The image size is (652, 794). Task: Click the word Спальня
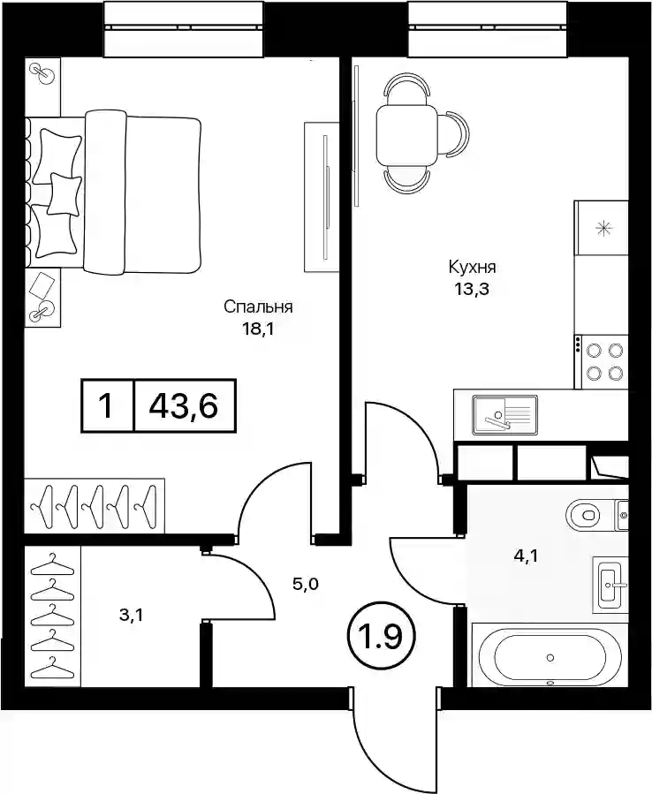258,306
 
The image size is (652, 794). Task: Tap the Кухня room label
472,267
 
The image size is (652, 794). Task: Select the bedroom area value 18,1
258,330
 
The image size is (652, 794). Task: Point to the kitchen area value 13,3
471,291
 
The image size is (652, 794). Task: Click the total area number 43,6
184,405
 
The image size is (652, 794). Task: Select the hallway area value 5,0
306,584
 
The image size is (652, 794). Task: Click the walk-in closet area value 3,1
130,616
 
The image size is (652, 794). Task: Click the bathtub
550,657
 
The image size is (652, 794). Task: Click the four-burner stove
602,361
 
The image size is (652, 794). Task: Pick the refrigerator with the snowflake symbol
602,228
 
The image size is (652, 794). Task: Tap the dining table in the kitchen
406,135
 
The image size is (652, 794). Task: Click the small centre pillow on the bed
64,193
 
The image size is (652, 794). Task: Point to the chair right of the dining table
452,135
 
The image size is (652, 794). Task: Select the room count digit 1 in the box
106,405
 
